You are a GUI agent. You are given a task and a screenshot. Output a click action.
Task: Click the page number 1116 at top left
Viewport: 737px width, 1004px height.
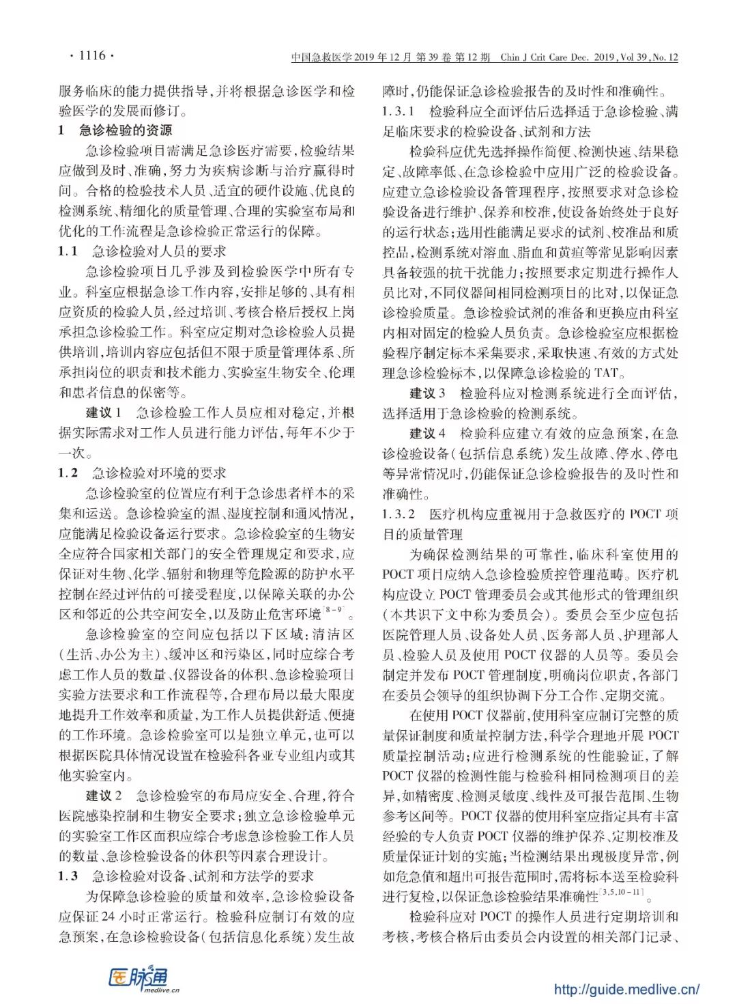[x=92, y=55]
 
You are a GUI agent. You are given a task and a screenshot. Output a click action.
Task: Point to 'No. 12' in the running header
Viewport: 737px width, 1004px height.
[x=665, y=57]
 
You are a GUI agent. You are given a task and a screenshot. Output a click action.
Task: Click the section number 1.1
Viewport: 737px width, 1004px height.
[x=68, y=251]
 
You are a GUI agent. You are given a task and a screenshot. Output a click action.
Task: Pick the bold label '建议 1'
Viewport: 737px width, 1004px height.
[x=104, y=413]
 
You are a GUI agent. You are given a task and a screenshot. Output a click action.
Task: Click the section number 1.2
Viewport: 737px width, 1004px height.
[x=68, y=473]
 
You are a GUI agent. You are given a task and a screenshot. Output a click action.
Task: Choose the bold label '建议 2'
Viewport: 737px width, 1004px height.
[x=104, y=795]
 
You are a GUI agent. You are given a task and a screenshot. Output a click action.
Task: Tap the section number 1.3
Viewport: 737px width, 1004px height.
[x=68, y=876]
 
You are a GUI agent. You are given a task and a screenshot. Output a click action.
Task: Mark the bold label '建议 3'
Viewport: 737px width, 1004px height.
[x=427, y=393]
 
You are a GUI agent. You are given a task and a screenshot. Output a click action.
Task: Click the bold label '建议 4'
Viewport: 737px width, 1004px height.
[x=427, y=433]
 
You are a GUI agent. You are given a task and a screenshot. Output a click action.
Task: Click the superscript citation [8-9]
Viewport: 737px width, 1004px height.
[x=334, y=609]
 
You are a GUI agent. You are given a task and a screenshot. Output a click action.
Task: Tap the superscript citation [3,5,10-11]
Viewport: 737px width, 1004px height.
[x=622, y=892]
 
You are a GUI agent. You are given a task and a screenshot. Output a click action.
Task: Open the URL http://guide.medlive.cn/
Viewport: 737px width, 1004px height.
[x=626, y=988]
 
